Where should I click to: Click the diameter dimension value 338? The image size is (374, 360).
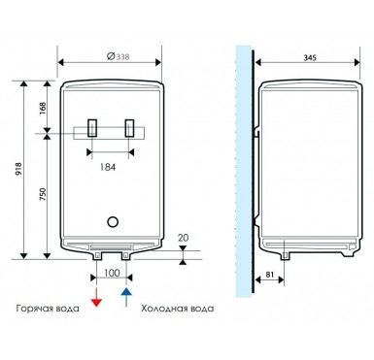pos(122,57)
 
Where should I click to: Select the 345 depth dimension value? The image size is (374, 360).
pos(310,58)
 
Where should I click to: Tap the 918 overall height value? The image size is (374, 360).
pos(18,169)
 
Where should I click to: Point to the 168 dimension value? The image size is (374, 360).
pos(43,109)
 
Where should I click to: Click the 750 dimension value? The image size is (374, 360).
pos(43,194)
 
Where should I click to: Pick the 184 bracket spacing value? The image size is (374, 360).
pos(108,167)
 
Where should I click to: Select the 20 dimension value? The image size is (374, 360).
pos(183,238)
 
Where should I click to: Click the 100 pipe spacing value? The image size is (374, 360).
pos(112,273)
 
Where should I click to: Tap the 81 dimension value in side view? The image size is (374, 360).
pos(269,275)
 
